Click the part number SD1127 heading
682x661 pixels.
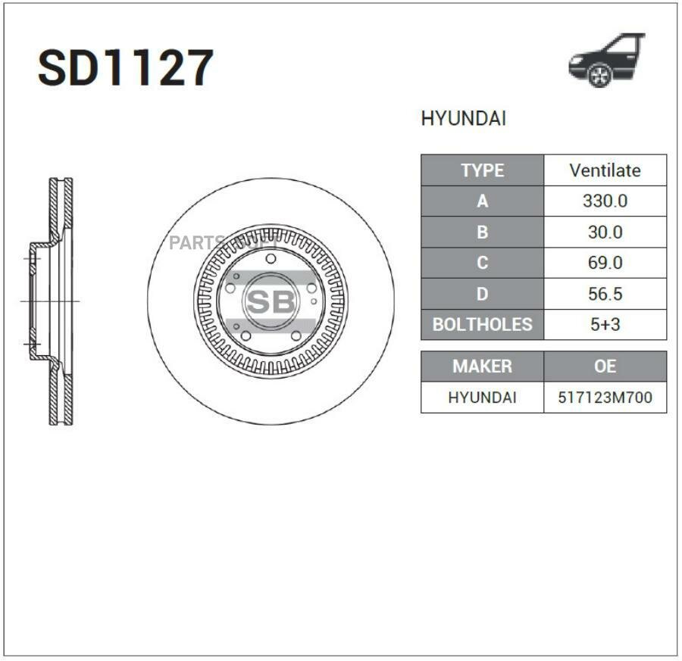(126, 68)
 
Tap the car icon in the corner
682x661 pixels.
(607, 60)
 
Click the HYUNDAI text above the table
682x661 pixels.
(463, 119)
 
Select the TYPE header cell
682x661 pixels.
(483, 170)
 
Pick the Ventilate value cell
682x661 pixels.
(605, 170)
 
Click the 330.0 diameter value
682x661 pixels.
(605, 201)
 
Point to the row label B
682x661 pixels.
(483, 232)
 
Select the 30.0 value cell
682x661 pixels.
(605, 232)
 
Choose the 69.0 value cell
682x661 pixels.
(605, 263)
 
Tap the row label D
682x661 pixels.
(483, 295)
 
